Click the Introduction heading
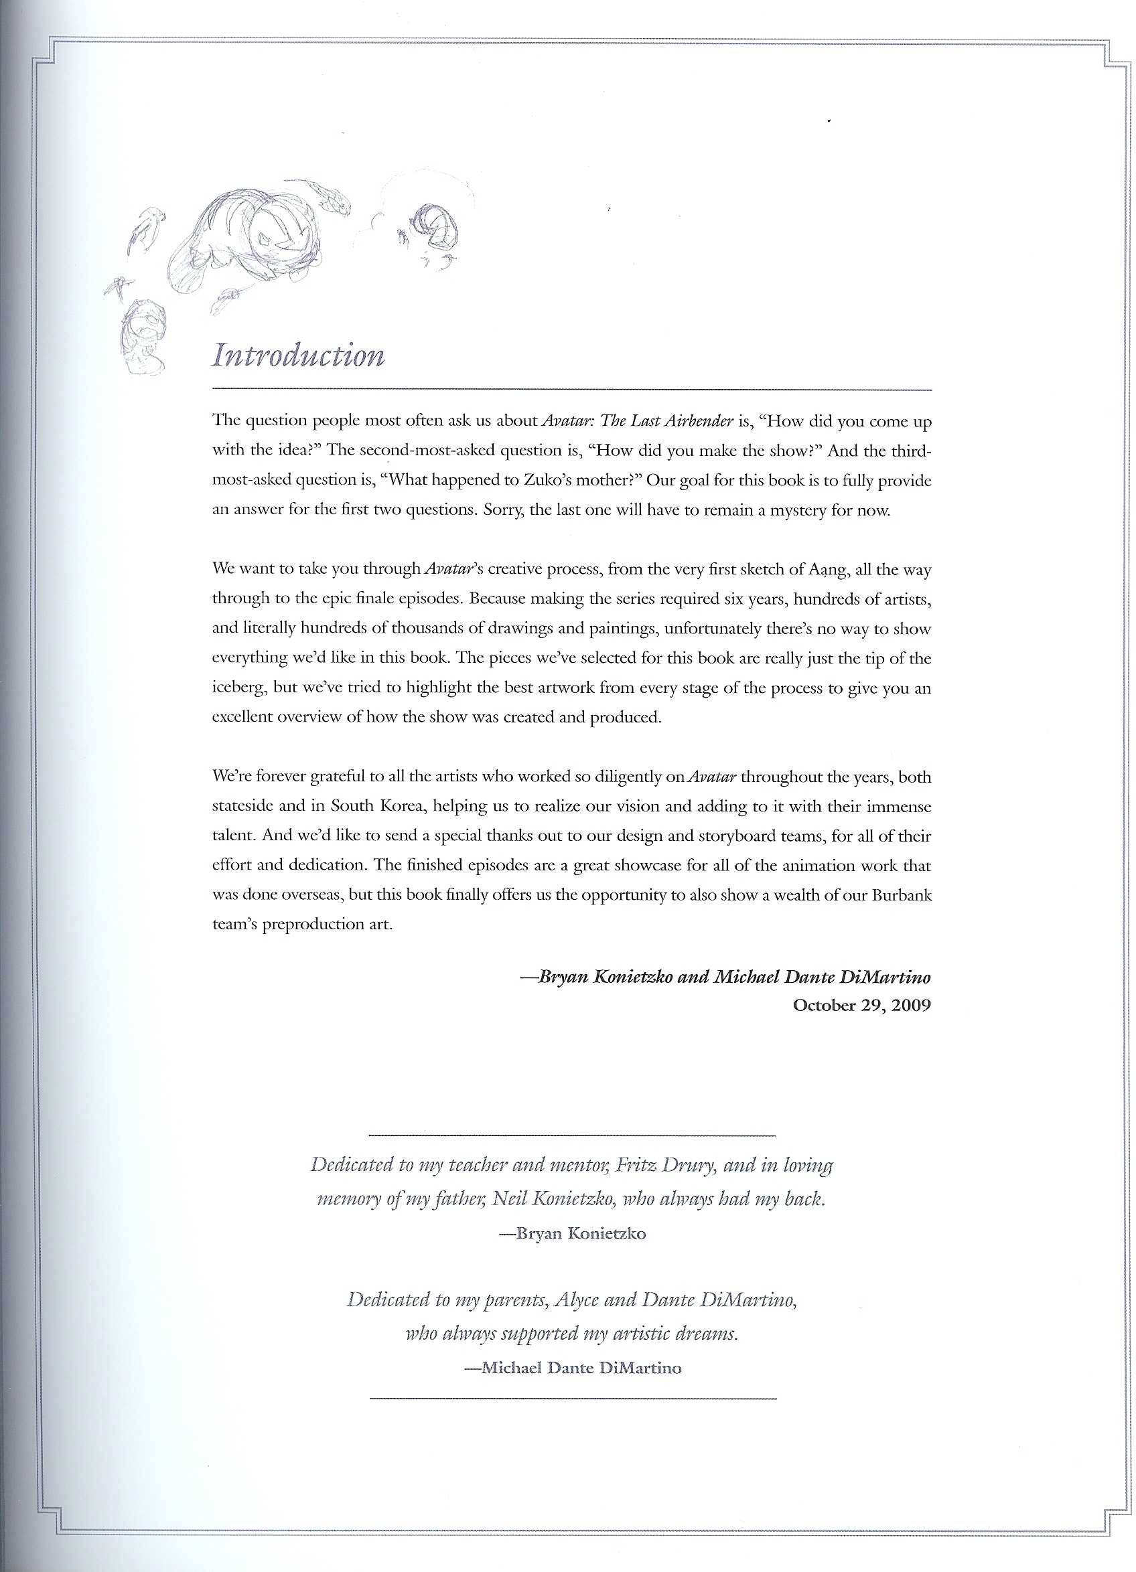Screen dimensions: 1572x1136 [298, 356]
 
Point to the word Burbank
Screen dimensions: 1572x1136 [901, 895]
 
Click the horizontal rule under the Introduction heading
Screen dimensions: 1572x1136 [571, 390]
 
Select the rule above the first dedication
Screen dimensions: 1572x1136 [571, 1135]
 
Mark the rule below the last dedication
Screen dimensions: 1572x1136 [573, 1399]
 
